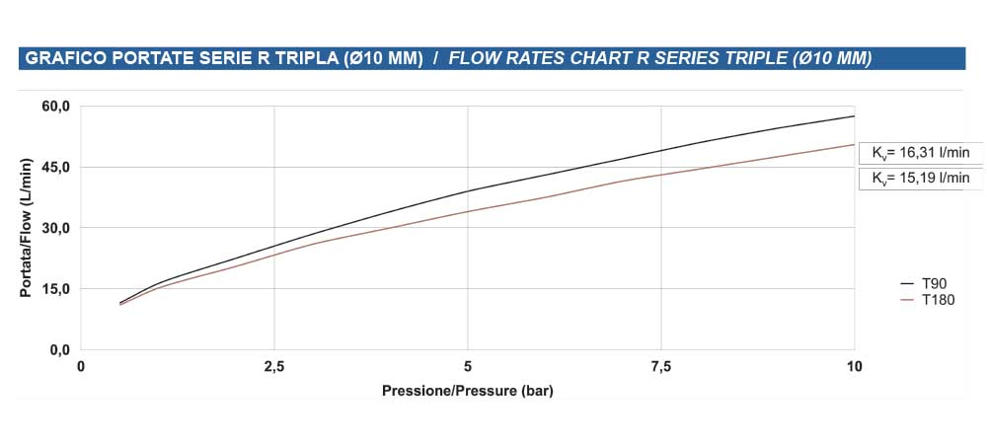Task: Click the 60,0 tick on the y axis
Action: click(55, 107)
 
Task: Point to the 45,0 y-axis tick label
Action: click(55, 167)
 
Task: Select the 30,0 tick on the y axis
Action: click(55, 228)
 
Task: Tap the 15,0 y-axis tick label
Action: click(55, 289)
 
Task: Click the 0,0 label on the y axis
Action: click(58, 350)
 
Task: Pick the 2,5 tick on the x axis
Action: click(274, 367)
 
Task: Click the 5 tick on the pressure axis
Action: click(468, 367)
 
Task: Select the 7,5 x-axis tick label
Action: click(661, 367)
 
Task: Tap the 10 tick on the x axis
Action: click(854, 367)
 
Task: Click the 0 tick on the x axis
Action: click(81, 367)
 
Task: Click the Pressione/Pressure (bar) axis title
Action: click(468, 392)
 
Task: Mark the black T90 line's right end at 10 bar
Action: click(854, 116)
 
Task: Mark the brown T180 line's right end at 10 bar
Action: click(854, 145)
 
